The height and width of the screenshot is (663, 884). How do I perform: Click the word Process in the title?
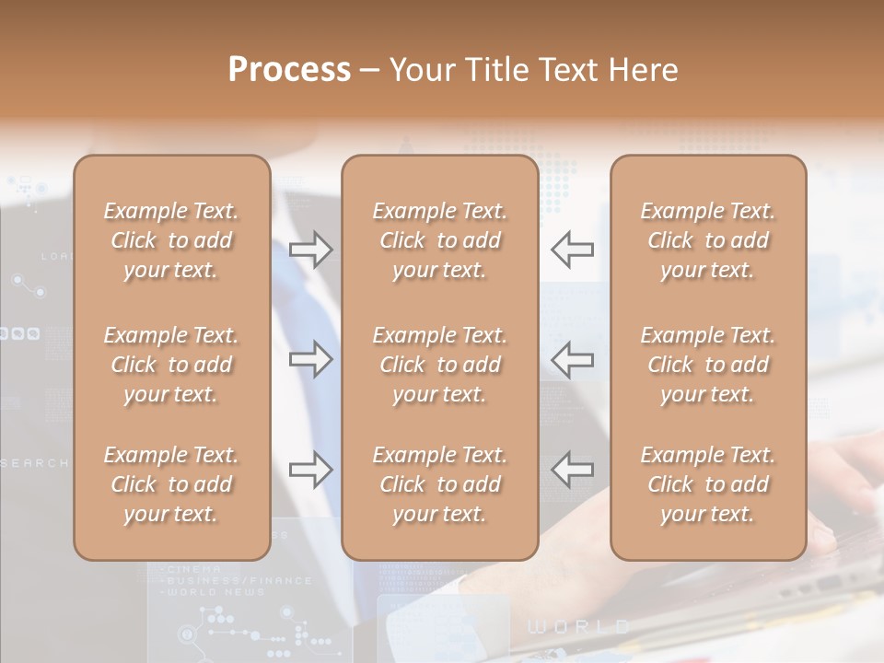[x=289, y=70]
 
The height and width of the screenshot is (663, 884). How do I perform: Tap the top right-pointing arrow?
[x=310, y=249]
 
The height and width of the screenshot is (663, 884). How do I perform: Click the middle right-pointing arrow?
[x=310, y=358]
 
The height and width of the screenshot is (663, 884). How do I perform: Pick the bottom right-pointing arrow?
[x=310, y=470]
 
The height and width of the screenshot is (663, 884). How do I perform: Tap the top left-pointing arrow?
[x=573, y=249]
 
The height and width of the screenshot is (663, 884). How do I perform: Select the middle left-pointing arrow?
[x=573, y=358]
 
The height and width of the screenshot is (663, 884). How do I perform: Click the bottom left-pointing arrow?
[x=573, y=470]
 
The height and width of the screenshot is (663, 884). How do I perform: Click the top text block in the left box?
[x=171, y=240]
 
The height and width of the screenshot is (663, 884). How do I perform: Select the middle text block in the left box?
[x=171, y=365]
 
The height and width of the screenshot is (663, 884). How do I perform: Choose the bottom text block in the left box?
[x=171, y=484]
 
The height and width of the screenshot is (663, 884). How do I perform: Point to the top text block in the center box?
[x=439, y=240]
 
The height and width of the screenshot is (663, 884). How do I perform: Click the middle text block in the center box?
[x=439, y=365]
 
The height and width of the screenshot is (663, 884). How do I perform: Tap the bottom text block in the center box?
[x=439, y=484]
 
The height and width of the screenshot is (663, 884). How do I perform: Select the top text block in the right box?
[x=707, y=240]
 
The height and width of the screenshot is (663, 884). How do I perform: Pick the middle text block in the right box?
[x=707, y=365]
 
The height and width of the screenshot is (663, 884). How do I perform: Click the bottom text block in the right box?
[x=707, y=484]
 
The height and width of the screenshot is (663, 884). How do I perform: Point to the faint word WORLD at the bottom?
[x=579, y=627]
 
